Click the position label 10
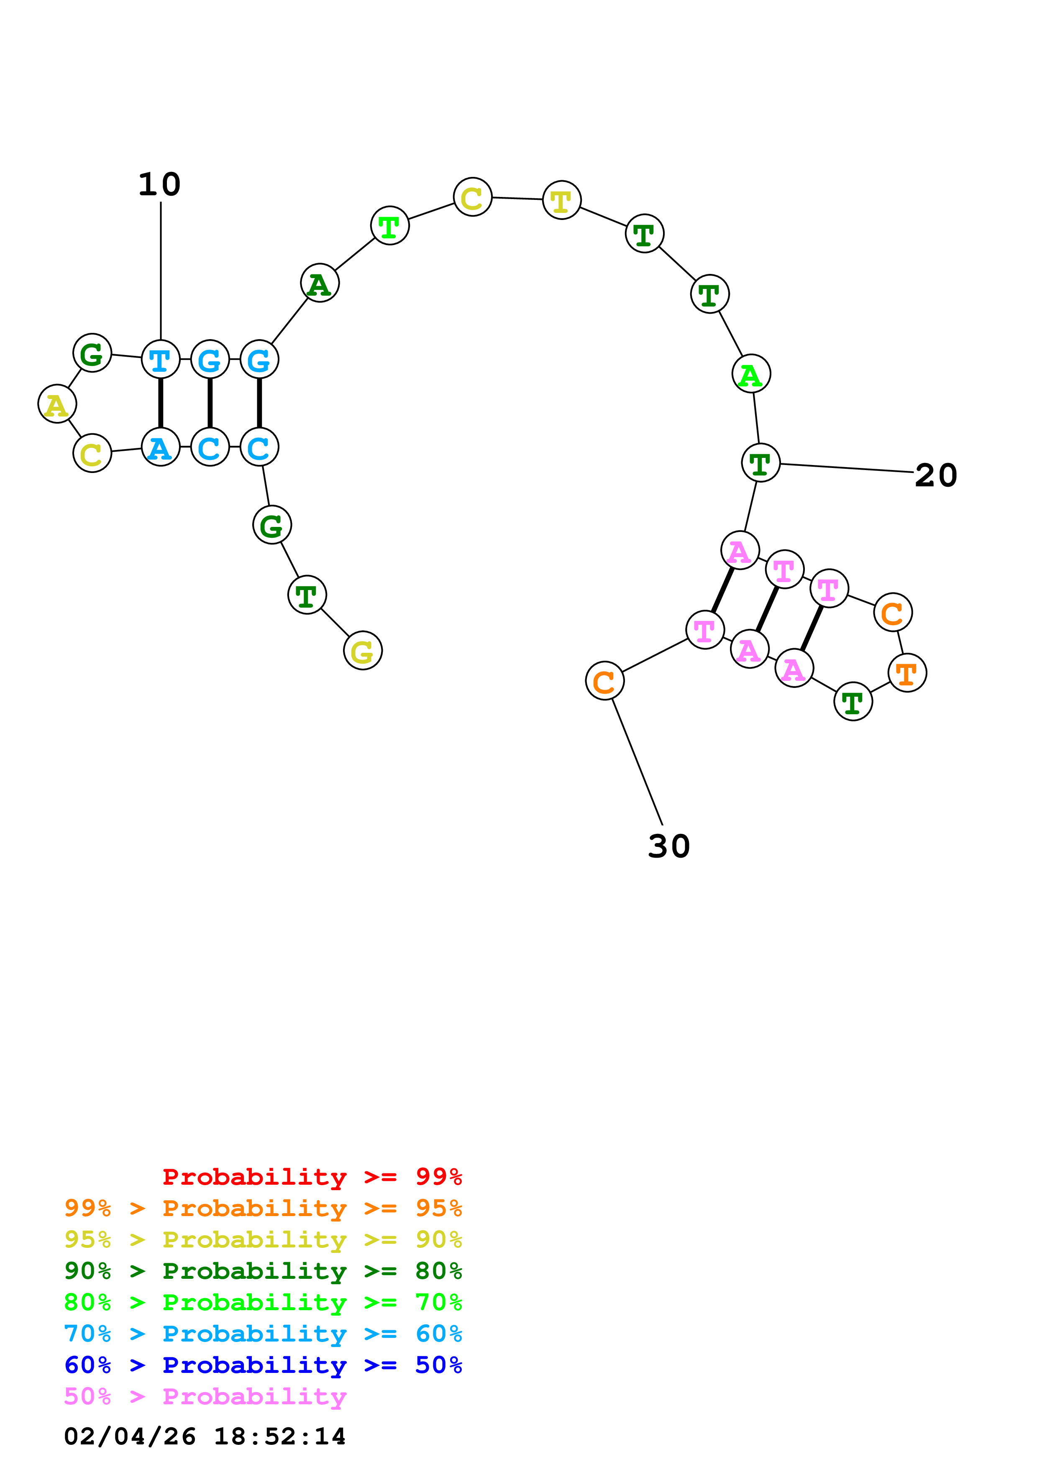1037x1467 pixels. point(160,185)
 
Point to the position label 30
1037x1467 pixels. point(668,846)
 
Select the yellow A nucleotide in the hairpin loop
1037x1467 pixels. point(57,404)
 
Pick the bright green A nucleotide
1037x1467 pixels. point(751,374)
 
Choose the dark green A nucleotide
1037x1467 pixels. point(320,283)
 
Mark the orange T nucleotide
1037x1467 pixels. point(906,673)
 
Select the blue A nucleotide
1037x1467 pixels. point(160,447)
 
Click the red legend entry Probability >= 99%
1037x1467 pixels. point(312,1176)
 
